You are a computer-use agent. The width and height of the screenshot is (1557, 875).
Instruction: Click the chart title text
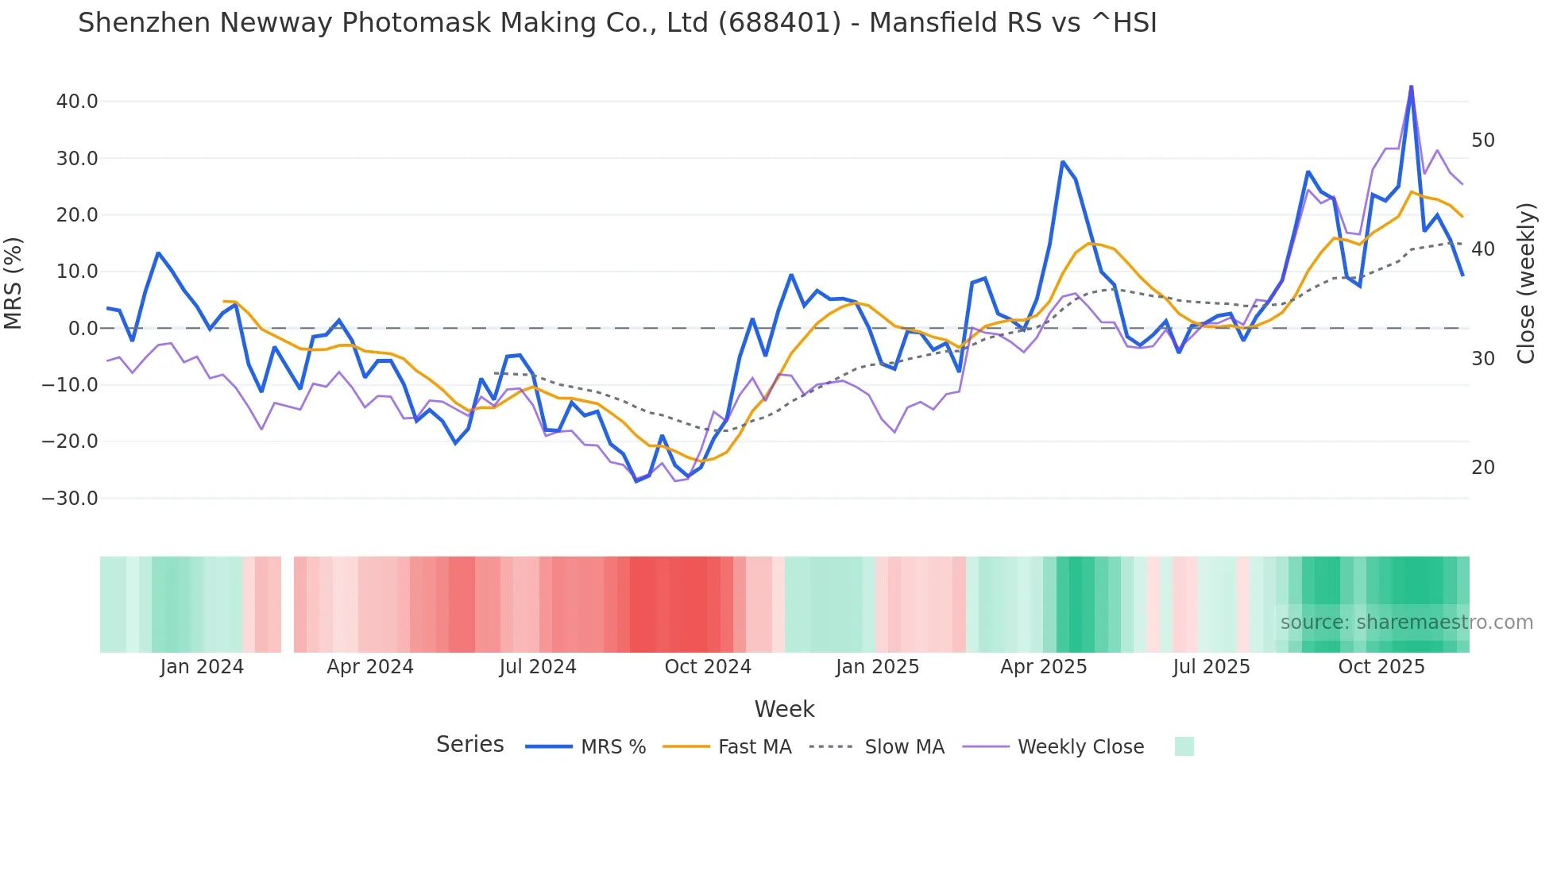pos(617,22)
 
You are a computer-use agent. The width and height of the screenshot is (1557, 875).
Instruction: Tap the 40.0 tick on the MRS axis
pos(77,102)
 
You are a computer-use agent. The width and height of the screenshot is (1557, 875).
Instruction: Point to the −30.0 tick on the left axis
pos(70,499)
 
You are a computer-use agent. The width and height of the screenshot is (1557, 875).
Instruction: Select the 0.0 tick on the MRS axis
pos(83,329)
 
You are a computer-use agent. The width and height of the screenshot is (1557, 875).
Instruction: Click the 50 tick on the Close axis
pos(1483,141)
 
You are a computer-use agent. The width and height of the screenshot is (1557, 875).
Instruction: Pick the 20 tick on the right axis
pos(1483,468)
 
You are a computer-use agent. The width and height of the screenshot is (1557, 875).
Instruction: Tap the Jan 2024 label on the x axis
pos(202,667)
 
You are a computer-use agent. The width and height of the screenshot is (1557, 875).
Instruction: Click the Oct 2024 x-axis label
pos(708,667)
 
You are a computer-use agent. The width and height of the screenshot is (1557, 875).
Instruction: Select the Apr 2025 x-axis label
pos(1044,667)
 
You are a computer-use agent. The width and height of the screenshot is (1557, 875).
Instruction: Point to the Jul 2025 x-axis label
pos(1211,667)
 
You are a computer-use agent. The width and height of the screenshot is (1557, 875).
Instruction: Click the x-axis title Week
pos(784,709)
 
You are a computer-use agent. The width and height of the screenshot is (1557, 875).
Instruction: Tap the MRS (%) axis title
pos(14,283)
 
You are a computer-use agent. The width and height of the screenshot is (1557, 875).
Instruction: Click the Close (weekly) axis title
pos(1526,283)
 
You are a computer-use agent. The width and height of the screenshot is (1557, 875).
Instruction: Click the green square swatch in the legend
pos(1184,746)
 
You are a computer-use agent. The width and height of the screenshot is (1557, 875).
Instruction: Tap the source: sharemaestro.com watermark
pos(1406,623)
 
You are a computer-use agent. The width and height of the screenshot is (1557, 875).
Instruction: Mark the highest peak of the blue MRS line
pos(1411,87)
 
